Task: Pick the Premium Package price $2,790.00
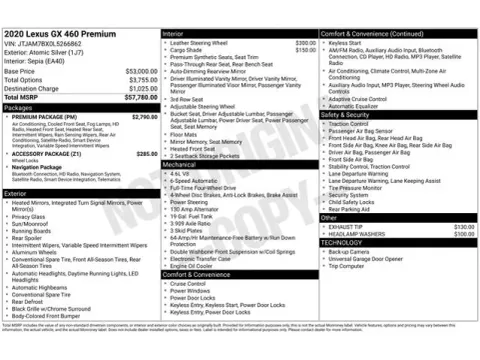(x=144, y=117)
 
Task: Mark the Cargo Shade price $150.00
(x=305, y=49)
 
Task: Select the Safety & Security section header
(x=348, y=114)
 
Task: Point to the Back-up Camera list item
(x=350, y=252)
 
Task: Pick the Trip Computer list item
(x=347, y=266)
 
